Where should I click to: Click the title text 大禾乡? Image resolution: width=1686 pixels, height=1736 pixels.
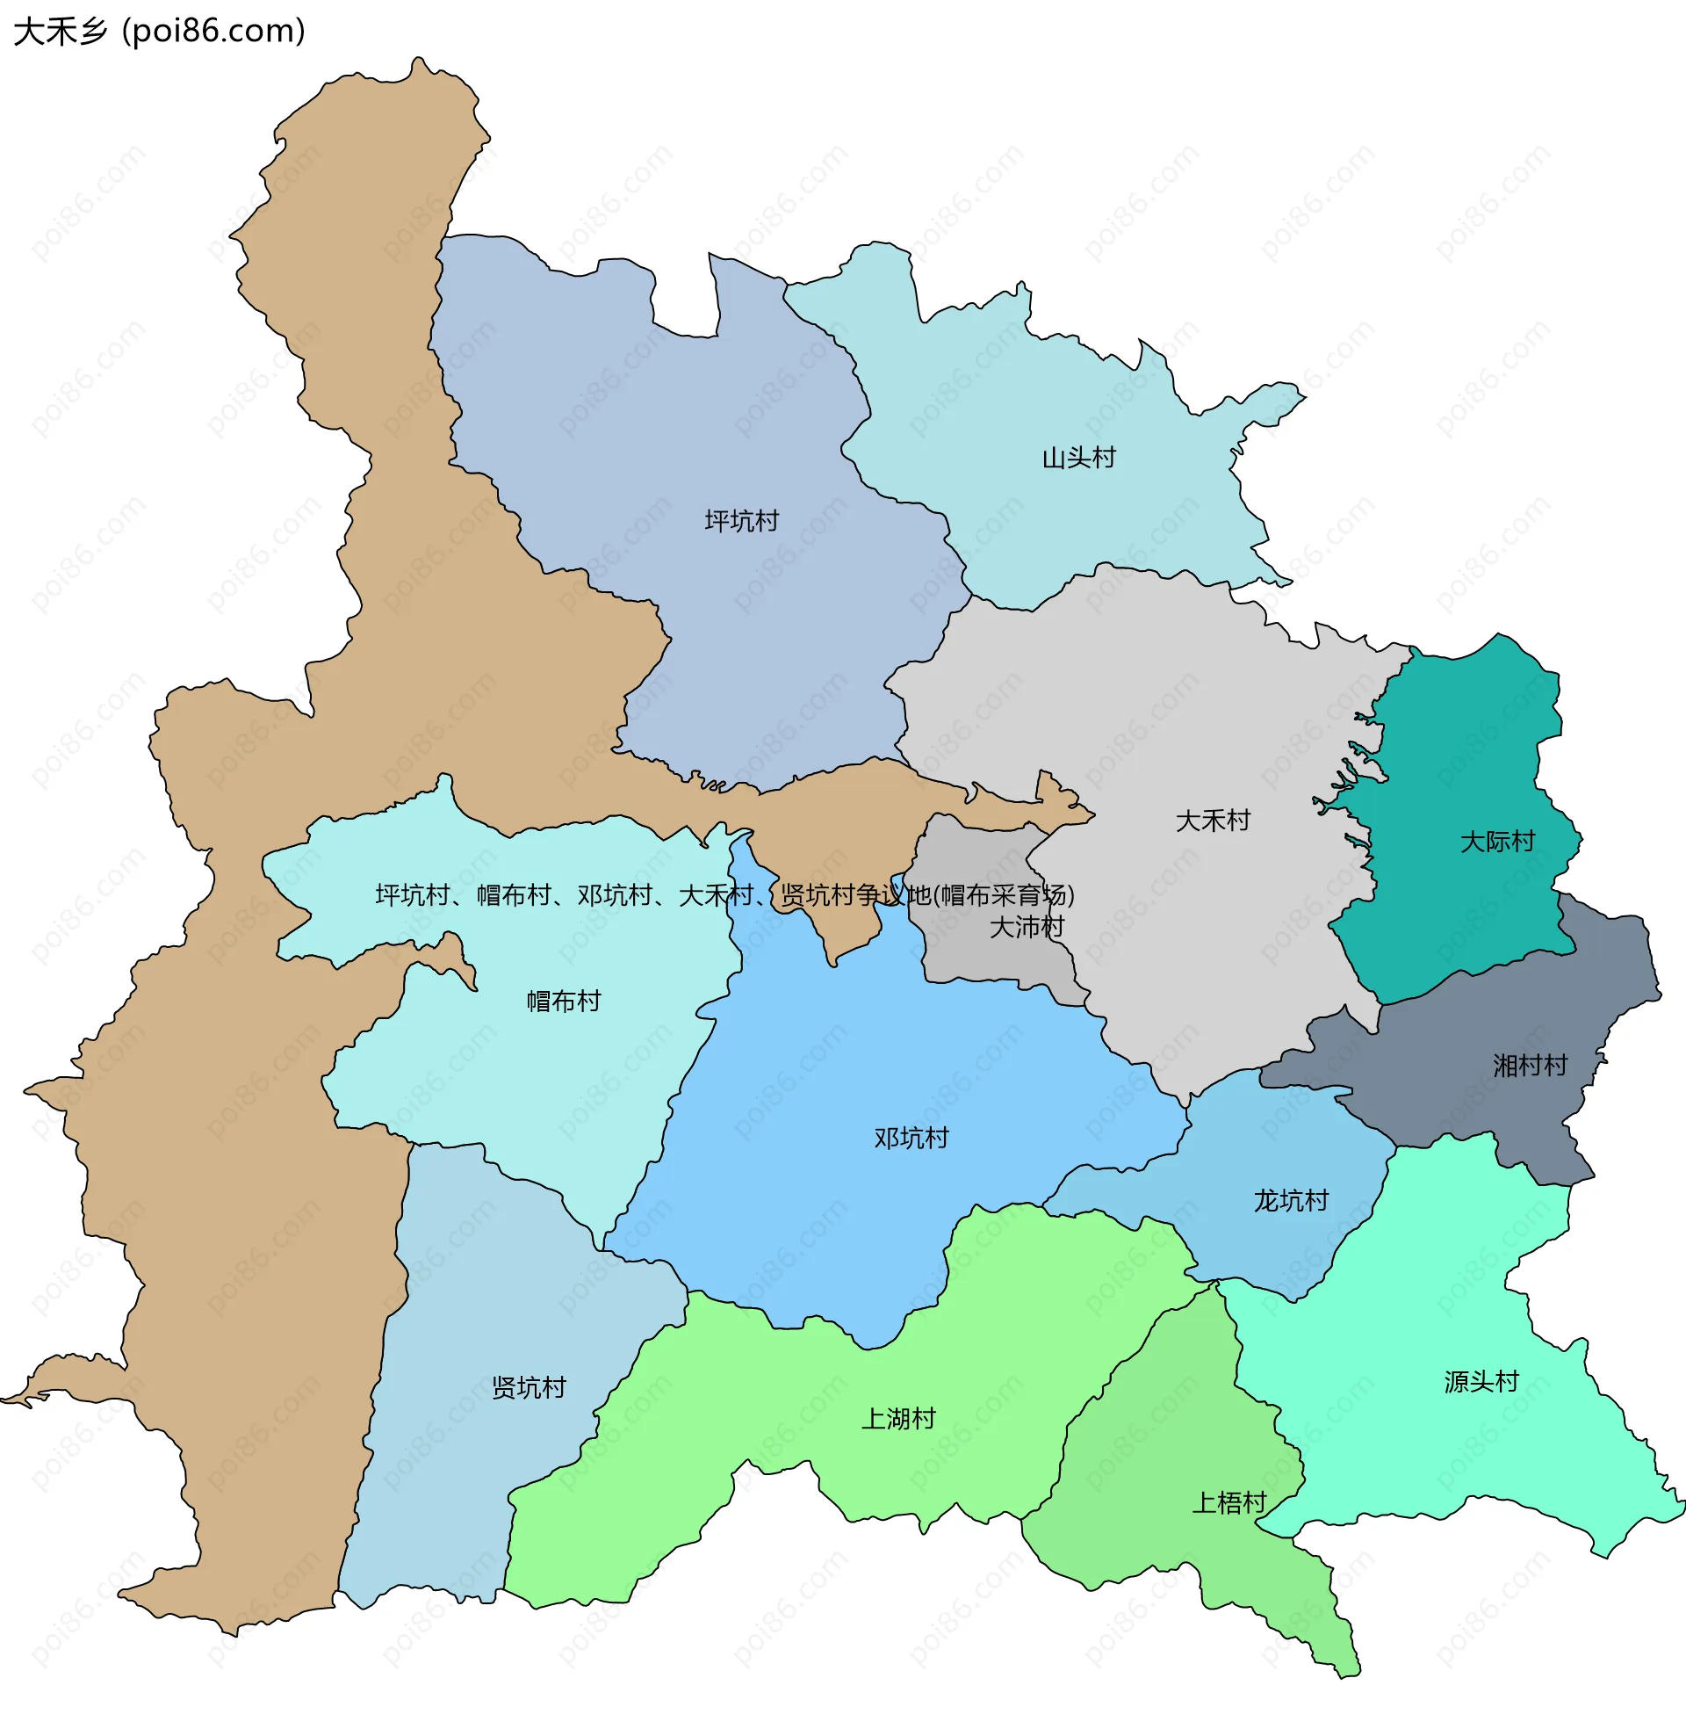point(60,32)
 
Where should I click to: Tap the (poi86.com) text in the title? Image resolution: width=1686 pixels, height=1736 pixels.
point(213,32)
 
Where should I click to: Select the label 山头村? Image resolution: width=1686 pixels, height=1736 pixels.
point(1078,459)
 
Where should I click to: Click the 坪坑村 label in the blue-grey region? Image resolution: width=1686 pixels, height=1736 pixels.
point(741,522)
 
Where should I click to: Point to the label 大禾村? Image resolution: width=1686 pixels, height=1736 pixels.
point(1213,821)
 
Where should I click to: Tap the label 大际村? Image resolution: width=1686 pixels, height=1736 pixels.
point(1496,842)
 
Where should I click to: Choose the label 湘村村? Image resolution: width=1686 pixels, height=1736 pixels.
point(1530,1066)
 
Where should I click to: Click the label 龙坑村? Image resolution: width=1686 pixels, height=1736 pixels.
point(1290,1201)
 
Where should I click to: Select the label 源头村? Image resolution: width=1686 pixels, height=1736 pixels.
point(1481,1382)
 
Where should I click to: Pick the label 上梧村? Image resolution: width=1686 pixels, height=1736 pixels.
point(1229,1503)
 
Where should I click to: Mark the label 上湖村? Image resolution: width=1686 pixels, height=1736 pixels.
point(898,1419)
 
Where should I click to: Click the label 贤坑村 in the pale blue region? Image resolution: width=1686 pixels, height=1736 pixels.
point(529,1388)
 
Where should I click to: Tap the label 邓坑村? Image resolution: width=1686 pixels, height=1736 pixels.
point(911,1138)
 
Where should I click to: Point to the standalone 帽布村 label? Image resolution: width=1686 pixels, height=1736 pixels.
point(563,1002)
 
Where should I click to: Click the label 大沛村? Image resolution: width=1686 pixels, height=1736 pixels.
point(1027,928)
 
